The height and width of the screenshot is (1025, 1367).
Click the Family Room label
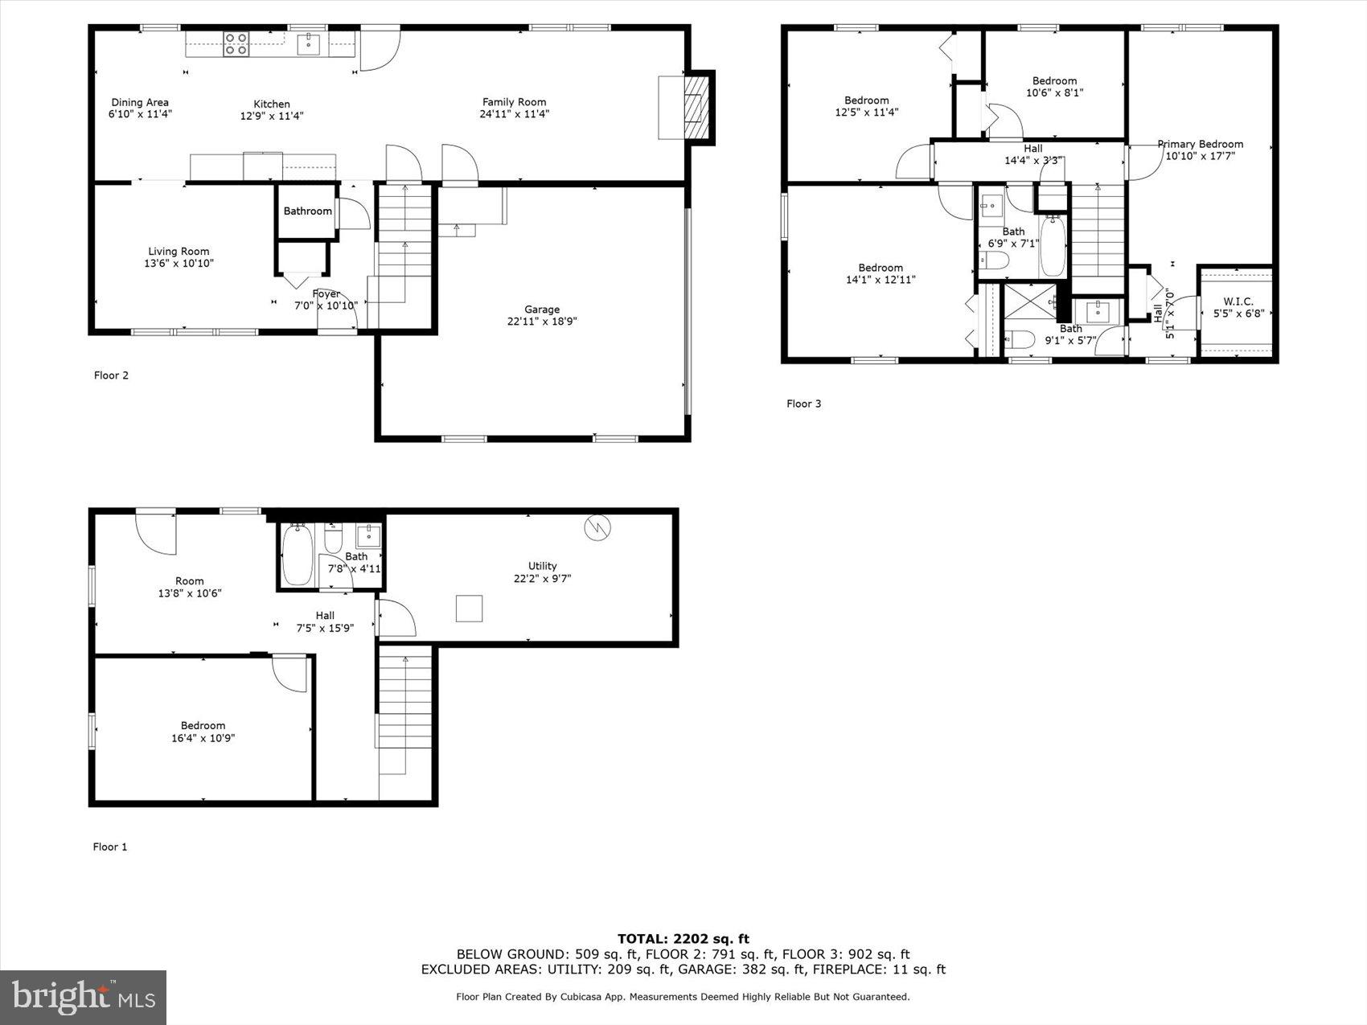(514, 102)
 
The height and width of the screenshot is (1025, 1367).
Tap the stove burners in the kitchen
(236, 43)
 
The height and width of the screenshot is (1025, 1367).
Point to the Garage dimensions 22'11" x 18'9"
(542, 322)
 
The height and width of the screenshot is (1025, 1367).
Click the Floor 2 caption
(111, 375)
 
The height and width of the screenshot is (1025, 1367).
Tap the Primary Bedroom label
(1200, 145)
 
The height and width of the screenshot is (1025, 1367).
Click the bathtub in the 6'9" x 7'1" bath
(1052, 246)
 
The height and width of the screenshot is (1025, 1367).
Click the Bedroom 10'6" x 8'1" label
(1054, 81)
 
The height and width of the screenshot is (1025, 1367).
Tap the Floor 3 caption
(803, 404)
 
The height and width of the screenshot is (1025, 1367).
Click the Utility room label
(542, 566)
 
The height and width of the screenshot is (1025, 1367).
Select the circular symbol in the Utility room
(598, 527)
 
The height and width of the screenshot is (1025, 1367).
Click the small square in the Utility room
(469, 608)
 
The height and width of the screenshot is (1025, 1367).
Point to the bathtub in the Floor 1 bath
(297, 554)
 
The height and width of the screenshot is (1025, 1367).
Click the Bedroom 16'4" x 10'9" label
(203, 725)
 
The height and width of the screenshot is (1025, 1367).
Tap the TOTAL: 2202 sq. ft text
(683, 938)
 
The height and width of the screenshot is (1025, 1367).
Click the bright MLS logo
(84, 997)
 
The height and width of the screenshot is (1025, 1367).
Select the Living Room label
(179, 252)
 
